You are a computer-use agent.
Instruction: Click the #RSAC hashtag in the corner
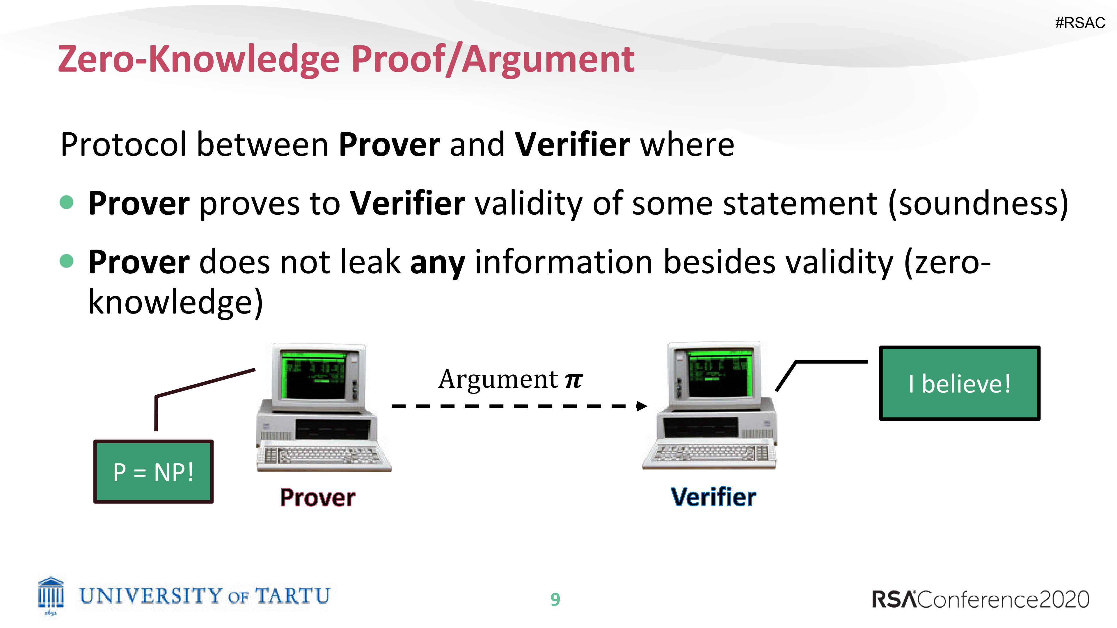coord(1080,22)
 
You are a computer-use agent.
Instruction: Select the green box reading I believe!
coord(959,383)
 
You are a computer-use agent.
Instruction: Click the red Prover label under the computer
coord(317,497)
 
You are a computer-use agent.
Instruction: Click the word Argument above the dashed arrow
coord(498,379)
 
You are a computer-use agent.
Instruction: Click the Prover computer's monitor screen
coord(313,375)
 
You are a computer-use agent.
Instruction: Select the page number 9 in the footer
coord(555,599)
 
